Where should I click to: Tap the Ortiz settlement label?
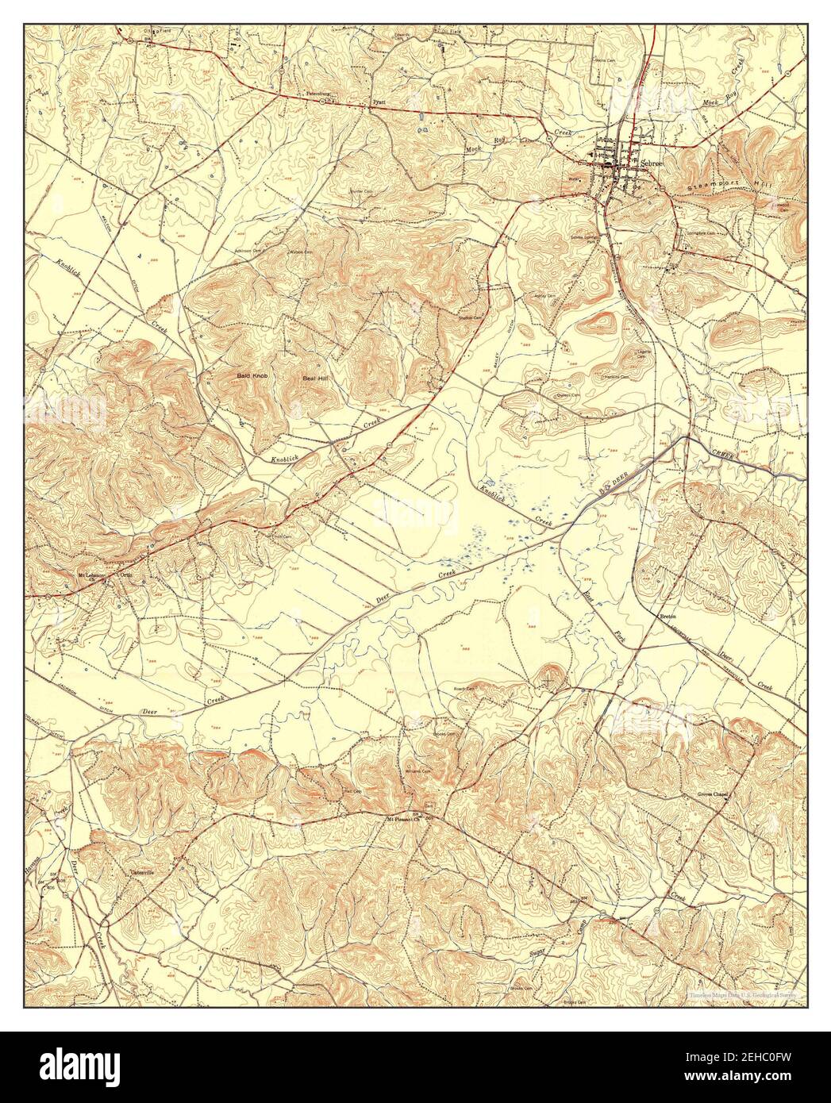tap(125, 574)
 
